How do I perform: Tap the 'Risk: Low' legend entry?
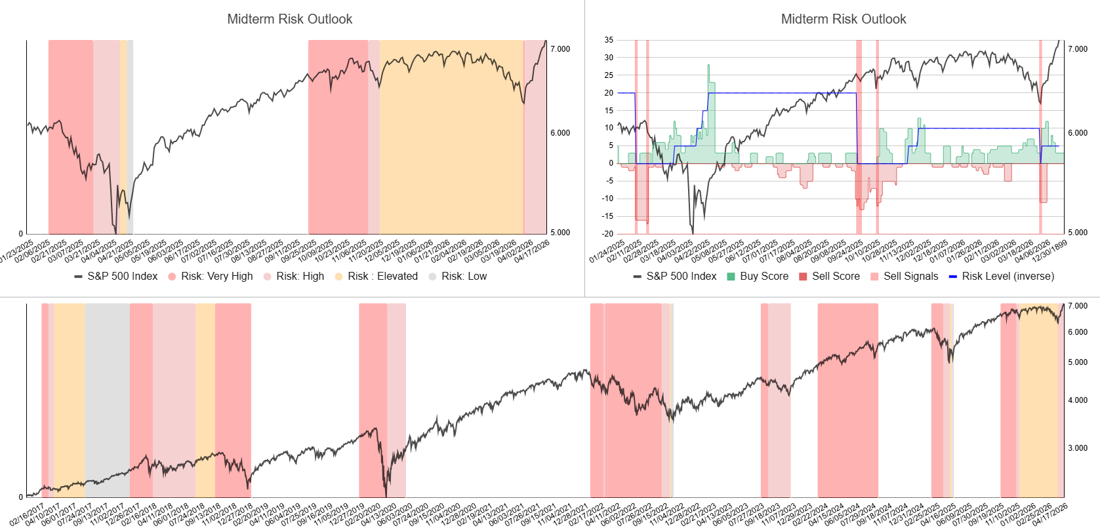(x=464, y=276)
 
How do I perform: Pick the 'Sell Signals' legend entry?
(x=910, y=276)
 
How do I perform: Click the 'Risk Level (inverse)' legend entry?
(x=1008, y=276)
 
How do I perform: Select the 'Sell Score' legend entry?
(x=835, y=276)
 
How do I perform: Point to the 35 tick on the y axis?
(x=609, y=40)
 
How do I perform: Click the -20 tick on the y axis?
(x=608, y=234)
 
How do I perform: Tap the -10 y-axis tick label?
(x=608, y=199)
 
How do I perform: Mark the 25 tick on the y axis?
(x=609, y=75)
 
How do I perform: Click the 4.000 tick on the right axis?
(x=1077, y=400)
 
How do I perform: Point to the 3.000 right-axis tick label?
(x=1077, y=448)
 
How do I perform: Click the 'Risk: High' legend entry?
(x=300, y=276)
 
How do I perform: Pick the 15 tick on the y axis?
(x=609, y=110)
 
